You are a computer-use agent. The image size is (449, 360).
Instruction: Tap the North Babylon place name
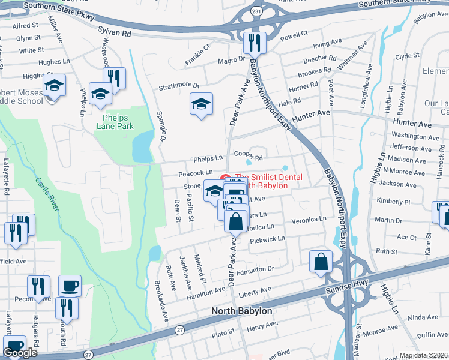pyautogui.click(x=241, y=312)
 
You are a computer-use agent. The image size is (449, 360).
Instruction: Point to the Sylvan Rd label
pyautogui.click(x=114, y=34)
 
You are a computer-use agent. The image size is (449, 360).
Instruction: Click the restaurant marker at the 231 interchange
pyautogui.click(x=255, y=43)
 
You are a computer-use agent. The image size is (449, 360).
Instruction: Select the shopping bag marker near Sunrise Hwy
pyautogui.click(x=321, y=262)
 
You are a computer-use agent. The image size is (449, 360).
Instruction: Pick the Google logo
pyautogui.click(x=20, y=353)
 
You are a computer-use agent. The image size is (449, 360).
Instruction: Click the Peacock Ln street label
pyautogui.click(x=195, y=174)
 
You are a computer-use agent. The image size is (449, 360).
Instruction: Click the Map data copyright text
pyautogui.click(x=424, y=355)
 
